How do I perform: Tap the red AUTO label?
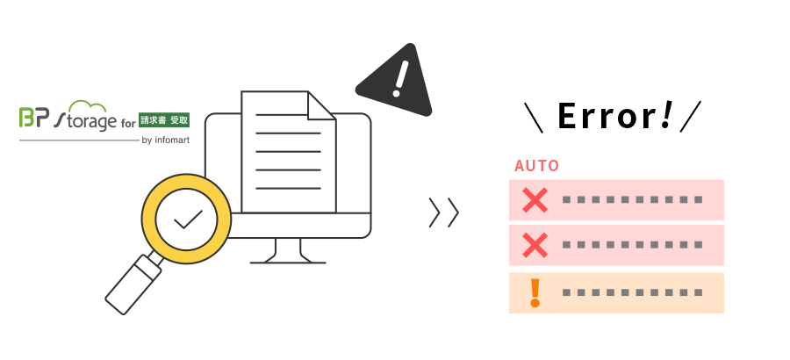tap(536, 166)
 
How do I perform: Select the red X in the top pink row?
tap(535, 199)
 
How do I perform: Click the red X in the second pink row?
tap(535, 245)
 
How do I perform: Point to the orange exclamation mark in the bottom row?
tap(535, 293)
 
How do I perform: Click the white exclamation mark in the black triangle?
tap(399, 79)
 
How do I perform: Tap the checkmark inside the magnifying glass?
tap(188, 220)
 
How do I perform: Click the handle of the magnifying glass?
tap(133, 284)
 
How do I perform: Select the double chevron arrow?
tap(444, 212)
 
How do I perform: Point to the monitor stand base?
tap(288, 263)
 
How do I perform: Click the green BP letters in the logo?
tap(34, 117)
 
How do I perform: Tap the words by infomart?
tap(166, 140)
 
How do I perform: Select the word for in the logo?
tap(128, 122)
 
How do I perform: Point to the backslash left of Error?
tap(533, 118)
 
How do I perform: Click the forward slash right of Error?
tap(691, 117)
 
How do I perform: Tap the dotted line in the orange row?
tap(632, 293)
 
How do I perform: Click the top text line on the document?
tap(281, 115)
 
